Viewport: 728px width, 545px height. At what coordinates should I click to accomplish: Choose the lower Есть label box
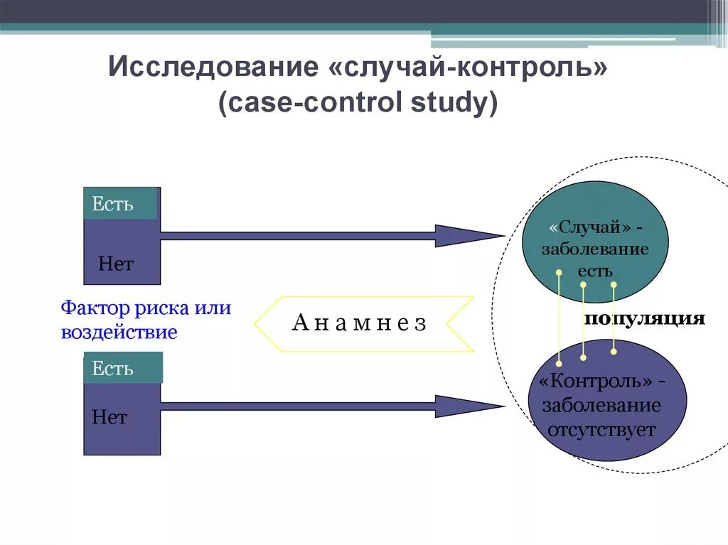[x=122, y=368]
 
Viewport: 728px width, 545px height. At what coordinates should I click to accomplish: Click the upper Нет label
[x=116, y=264]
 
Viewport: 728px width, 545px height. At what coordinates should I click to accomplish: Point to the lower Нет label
[x=109, y=417]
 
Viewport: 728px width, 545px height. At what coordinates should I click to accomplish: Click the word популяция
[x=644, y=318]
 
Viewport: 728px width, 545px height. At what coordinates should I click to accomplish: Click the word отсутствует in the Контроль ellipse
[x=601, y=430]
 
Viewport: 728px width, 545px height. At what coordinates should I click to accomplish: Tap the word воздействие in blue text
[x=119, y=333]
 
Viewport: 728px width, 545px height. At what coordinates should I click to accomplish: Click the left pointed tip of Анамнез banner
[x=256, y=323]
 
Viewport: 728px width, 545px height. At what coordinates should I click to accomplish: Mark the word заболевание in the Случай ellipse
[x=595, y=249]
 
